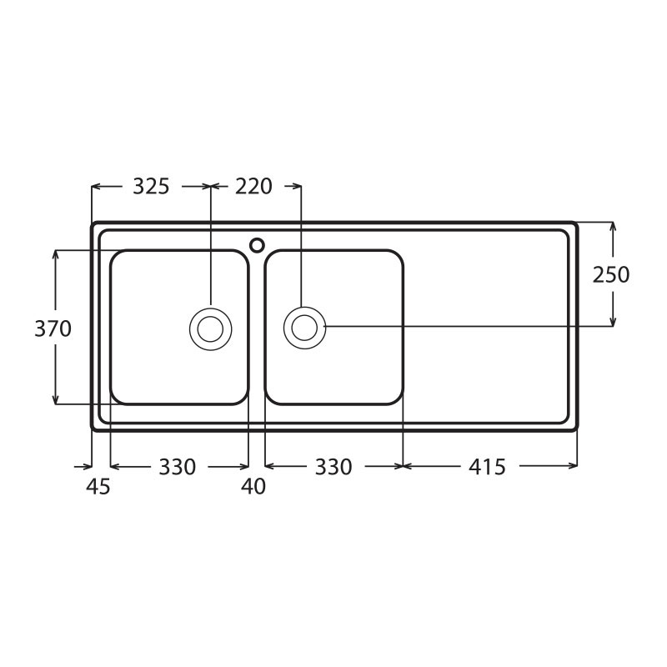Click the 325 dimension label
[151, 186]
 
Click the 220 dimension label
[253, 186]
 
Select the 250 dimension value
[611, 275]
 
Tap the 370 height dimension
[53, 328]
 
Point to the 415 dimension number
[487, 467]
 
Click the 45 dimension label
[98, 486]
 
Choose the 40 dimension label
[253, 486]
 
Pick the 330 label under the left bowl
[178, 467]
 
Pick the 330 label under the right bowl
[333, 467]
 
